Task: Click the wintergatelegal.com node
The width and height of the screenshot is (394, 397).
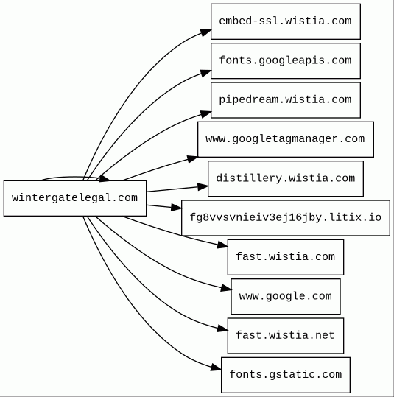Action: pos(75,198)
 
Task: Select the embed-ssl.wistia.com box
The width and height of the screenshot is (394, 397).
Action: pos(286,21)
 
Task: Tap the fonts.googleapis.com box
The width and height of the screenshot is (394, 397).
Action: pos(286,60)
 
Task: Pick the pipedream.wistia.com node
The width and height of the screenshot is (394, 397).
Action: pos(286,100)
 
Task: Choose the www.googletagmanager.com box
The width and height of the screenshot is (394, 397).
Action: pos(286,139)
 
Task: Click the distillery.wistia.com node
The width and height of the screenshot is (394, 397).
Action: pos(286,178)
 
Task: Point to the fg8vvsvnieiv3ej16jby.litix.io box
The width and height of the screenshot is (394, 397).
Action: pos(286,218)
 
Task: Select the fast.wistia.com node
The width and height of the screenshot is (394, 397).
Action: pos(286,257)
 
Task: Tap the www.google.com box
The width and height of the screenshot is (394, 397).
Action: pos(286,297)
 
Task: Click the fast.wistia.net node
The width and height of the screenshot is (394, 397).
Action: pos(286,336)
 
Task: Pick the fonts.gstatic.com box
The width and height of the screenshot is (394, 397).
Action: pos(286,375)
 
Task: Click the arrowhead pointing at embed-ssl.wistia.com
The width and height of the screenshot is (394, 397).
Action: pos(205,32)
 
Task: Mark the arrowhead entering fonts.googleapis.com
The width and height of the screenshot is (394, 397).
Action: pos(205,73)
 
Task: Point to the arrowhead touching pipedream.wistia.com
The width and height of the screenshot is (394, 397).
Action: pos(205,114)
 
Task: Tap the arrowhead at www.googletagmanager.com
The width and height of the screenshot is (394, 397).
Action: pos(192,159)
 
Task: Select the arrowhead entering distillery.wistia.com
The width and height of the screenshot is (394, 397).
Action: pos(203,187)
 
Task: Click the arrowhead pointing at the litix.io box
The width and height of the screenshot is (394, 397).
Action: pos(177,208)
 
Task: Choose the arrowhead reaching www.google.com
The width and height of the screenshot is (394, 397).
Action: pos(226,288)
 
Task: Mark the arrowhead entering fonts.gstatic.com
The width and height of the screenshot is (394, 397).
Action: pos(216,368)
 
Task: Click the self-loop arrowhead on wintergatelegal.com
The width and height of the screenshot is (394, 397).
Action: pos(105,178)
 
